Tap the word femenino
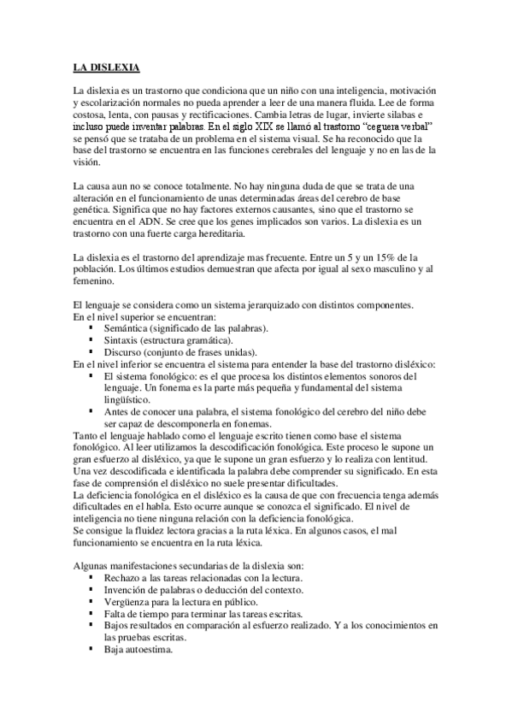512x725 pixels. click(93, 281)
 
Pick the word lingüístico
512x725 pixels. click(131, 399)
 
